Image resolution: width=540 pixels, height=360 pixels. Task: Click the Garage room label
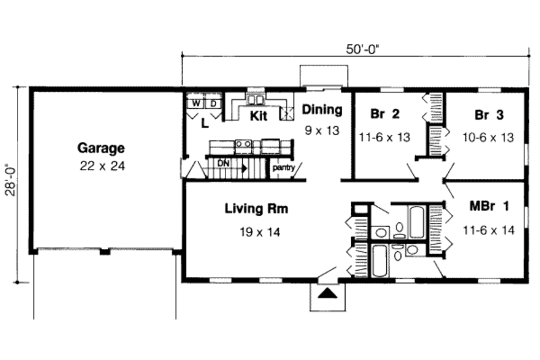(x=101, y=147)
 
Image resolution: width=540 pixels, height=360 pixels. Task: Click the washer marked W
(x=195, y=103)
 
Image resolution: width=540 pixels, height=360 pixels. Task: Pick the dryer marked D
(x=211, y=103)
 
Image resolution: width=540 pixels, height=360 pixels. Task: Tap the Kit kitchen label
(x=259, y=116)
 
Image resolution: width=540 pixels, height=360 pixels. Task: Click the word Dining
(x=322, y=110)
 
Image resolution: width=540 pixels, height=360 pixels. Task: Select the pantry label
(x=283, y=168)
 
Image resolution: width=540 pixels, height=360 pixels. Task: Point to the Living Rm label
(x=256, y=209)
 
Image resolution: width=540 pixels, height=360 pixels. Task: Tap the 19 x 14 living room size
(x=256, y=232)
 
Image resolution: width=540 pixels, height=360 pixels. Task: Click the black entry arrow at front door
(x=327, y=293)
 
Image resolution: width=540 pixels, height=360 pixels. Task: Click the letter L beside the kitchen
(x=205, y=122)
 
